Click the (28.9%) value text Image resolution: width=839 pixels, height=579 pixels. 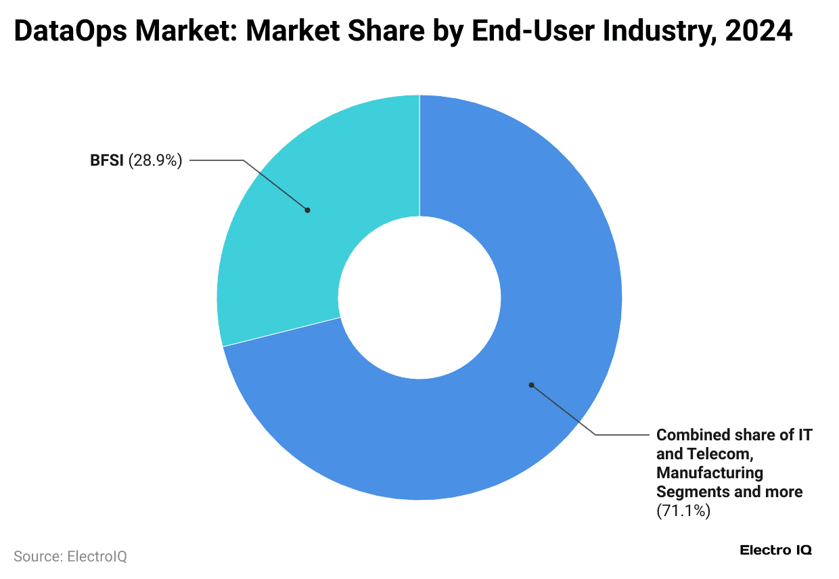156,161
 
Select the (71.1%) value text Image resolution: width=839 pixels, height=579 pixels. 683,511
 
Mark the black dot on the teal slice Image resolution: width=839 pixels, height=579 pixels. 307,210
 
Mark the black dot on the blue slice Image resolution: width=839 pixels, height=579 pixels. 531,385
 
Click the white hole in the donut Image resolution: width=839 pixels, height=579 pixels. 419,298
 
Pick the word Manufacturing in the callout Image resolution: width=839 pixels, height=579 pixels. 710,472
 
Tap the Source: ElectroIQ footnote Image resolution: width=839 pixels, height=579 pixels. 70,557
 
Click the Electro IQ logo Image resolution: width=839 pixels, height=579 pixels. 775,550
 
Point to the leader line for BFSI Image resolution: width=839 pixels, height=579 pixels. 274,184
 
